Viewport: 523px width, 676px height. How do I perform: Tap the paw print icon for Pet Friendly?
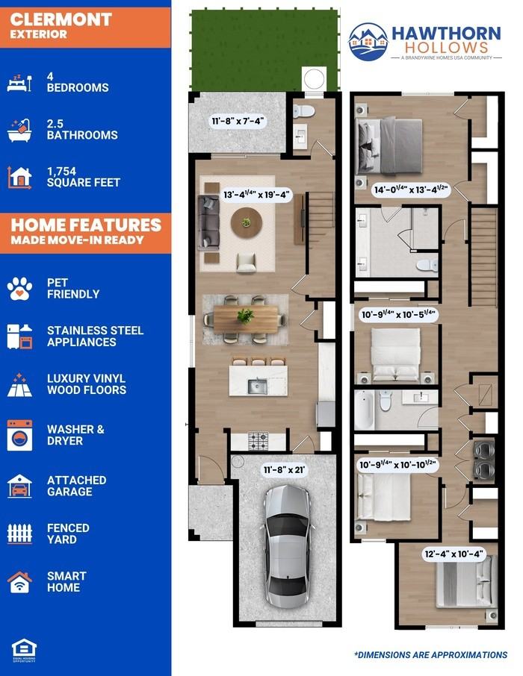pos(19,289)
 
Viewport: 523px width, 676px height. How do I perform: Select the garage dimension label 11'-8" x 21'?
pos(285,469)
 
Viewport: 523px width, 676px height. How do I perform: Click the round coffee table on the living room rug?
pos(246,223)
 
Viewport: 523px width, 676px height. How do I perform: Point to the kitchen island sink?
pos(258,386)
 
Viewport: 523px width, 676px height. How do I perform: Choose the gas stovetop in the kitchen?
pos(259,441)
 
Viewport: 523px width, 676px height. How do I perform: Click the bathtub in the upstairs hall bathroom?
pos(364,410)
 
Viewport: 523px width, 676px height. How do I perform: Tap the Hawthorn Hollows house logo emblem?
pos(368,41)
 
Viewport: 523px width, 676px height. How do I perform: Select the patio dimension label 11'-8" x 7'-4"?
pos(237,121)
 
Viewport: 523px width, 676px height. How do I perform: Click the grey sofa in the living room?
pos(208,222)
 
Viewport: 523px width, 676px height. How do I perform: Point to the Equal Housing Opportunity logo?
pos(24,650)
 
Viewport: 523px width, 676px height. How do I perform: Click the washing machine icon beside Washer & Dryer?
pos(19,435)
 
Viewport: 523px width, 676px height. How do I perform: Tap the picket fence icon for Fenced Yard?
pos(19,533)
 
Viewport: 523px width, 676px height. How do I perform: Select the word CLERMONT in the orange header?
pos(61,19)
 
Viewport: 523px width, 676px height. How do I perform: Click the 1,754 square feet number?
pos(61,171)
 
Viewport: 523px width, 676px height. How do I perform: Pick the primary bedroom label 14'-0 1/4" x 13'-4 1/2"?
pos(411,190)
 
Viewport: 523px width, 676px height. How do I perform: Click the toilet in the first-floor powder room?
pos(303,110)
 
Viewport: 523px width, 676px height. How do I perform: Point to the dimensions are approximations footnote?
pos(431,655)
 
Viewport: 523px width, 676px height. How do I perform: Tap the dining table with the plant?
pos(246,319)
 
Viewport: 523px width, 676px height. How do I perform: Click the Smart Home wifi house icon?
pos(19,582)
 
